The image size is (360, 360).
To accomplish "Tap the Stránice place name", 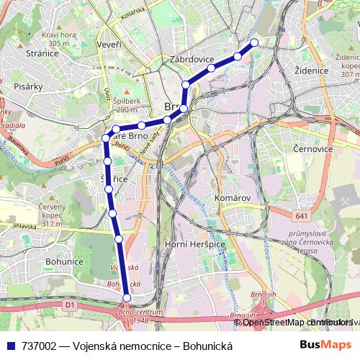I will [x=42, y=53].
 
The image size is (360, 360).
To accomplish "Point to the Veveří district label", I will [x=107, y=45].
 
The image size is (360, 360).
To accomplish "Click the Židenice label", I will [x=311, y=71].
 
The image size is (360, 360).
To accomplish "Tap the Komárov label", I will [x=232, y=197].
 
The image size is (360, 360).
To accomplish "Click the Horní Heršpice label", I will [x=195, y=245].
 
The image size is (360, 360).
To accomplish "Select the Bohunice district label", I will [x=64, y=261].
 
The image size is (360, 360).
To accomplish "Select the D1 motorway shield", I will [x=70, y=305].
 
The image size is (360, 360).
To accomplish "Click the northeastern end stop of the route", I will [x=253, y=42].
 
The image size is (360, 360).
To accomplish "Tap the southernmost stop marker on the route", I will [x=127, y=297].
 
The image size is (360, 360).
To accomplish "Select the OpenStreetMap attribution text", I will [x=277, y=322].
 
